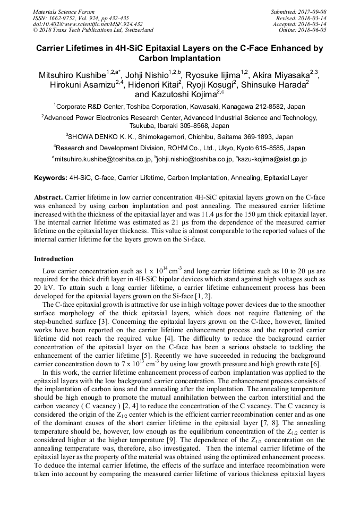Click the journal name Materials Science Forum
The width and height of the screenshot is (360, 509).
click(x=64, y=12)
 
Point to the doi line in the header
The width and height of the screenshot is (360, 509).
click(x=88, y=24)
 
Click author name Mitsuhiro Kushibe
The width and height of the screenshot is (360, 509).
click(x=72, y=75)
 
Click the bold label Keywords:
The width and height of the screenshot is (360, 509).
click(x=50, y=178)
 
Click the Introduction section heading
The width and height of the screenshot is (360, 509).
click(x=54, y=259)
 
